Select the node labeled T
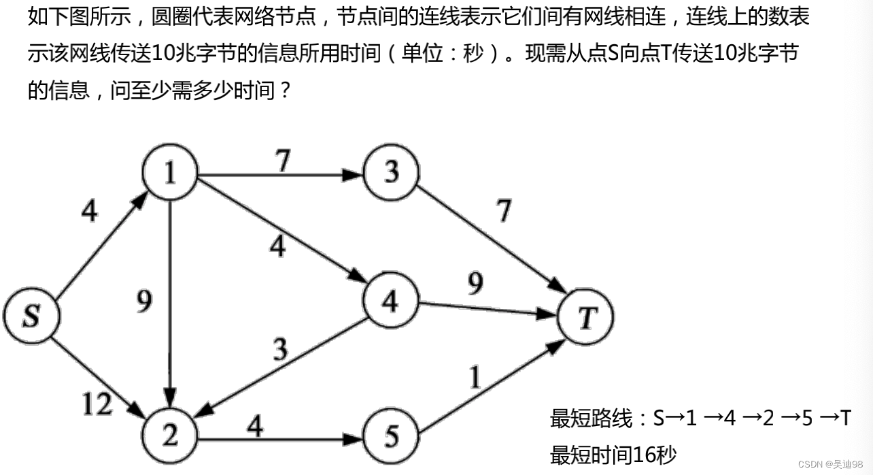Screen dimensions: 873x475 pos(585,317)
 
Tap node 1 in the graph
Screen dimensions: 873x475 pos(169,174)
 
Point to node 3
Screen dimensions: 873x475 pos(391,174)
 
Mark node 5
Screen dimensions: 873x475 pos(391,436)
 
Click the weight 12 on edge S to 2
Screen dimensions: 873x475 pos(97,405)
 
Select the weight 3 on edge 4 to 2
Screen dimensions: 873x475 pos(280,350)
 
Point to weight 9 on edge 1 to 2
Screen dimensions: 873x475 pos(144,301)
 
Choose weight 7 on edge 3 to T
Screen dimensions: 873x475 pos(503,212)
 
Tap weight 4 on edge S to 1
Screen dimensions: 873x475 pos(89,212)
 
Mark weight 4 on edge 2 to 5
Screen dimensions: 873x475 pos(255,427)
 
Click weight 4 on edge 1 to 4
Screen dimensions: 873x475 pos(277,246)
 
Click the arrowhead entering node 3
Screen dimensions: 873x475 pos(352,175)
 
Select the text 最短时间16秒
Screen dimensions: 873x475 pos(613,454)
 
